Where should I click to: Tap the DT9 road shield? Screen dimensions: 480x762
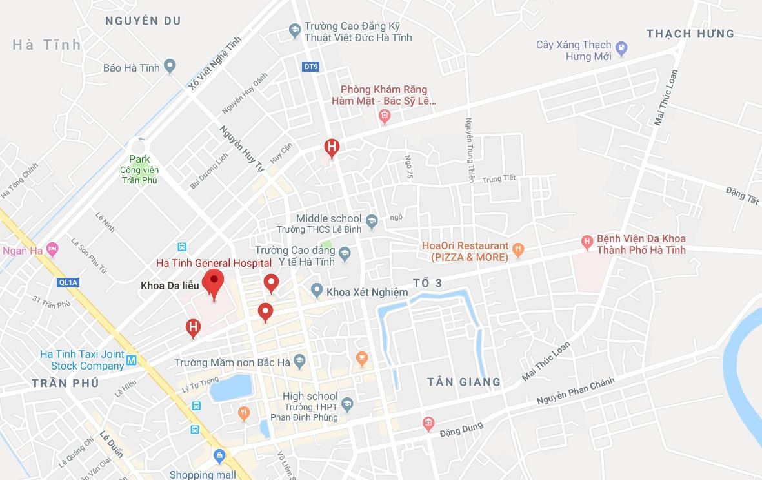[310, 67]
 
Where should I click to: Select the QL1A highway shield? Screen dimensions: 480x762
[68, 282]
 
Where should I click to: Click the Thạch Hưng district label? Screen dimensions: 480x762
[690, 34]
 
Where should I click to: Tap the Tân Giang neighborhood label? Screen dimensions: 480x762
[464, 382]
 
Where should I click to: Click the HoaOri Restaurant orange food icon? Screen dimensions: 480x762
[518, 248]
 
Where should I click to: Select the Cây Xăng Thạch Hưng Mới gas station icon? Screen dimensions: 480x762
[621, 47]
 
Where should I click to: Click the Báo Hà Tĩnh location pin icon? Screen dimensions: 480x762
[170, 66]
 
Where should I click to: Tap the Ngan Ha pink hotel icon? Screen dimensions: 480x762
[52, 249]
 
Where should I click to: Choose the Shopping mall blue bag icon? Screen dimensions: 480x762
[220, 457]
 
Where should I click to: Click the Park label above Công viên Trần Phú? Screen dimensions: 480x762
[139, 159]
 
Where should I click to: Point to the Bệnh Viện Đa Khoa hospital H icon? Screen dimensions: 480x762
[587, 242]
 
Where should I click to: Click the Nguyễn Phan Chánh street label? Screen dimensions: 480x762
[576, 391]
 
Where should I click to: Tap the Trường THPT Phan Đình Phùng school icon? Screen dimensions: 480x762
[347, 404]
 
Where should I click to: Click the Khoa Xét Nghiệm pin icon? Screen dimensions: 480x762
[316, 291]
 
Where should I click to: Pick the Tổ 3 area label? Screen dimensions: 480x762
[428, 283]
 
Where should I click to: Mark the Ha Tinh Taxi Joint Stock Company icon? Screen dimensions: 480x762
[132, 360]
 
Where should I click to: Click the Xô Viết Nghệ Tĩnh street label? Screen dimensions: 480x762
[215, 62]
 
